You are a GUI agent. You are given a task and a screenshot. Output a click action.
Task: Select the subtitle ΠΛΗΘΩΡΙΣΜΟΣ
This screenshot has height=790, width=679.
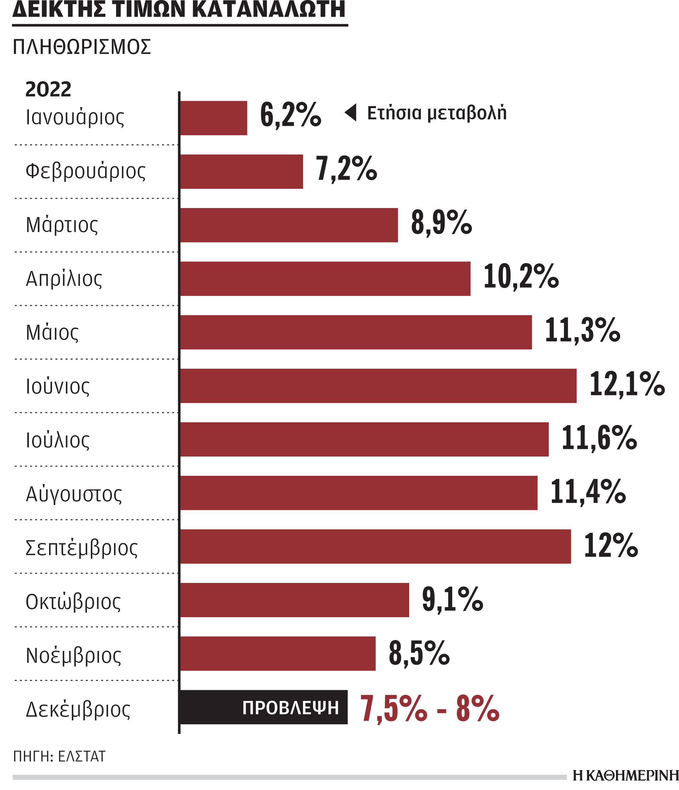coord(82,47)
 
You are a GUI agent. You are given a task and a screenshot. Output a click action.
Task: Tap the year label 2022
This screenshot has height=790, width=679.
coord(48,89)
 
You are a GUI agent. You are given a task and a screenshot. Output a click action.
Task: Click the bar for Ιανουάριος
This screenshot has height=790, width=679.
coord(214,118)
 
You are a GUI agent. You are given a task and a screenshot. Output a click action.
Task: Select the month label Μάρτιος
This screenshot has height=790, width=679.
coord(62,225)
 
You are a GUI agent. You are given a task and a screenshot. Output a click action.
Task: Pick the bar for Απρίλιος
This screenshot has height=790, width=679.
coord(325,279)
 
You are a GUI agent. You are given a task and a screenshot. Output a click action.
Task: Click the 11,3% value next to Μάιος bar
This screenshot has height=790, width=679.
coord(582,330)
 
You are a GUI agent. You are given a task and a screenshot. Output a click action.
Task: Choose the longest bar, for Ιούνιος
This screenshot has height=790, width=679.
coord(378,386)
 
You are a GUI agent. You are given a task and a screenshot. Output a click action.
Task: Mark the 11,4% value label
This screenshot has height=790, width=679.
coord(587,492)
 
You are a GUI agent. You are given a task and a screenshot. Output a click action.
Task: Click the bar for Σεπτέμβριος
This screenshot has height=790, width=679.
coord(375,546)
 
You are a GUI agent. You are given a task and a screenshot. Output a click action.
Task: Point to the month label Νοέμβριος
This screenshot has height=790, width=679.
coord(73,655)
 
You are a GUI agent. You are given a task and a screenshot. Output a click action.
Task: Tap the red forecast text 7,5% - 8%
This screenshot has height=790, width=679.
coord(429,708)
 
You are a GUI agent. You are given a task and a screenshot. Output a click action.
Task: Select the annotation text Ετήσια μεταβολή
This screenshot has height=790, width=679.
coord(437,113)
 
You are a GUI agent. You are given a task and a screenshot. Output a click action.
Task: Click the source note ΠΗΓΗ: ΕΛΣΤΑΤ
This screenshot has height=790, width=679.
coord(59,756)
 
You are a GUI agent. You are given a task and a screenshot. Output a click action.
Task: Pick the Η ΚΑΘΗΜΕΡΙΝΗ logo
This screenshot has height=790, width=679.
coord(625,775)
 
